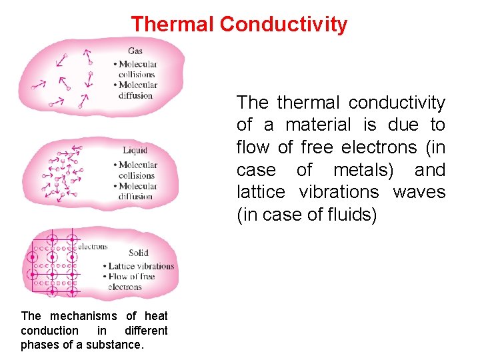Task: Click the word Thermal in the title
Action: tap(173, 25)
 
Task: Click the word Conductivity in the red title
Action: tap(283, 25)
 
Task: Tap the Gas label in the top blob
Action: tap(135, 51)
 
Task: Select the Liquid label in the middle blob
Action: tap(135, 150)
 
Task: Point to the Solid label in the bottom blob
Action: tap(138, 253)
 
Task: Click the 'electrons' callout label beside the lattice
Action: tap(93, 246)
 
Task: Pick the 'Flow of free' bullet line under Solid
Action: tap(131, 277)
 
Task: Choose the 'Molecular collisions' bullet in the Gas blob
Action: tap(135, 69)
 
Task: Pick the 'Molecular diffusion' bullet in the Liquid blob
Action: tap(135, 191)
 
